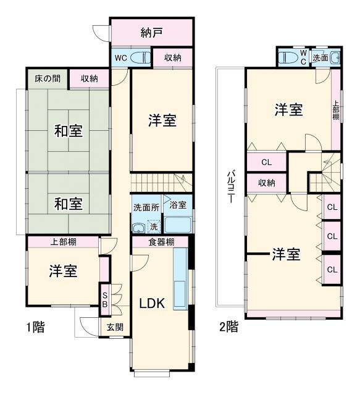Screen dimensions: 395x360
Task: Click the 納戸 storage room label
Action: click(151, 33)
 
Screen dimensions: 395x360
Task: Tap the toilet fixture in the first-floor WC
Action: click(140, 58)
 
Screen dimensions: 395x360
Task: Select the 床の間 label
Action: click(47, 78)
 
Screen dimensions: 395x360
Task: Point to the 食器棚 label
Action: click(161, 241)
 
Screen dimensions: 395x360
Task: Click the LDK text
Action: click(151, 303)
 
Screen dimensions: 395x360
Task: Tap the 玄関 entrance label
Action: click(114, 327)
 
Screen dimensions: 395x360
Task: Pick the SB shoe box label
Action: click(105, 299)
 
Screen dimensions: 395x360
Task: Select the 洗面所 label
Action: click(146, 207)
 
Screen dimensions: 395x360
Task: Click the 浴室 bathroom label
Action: click(178, 205)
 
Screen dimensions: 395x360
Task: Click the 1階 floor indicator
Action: click(34, 326)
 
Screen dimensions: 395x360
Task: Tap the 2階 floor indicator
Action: click(228, 326)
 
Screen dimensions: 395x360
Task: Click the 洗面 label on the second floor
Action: click(321, 58)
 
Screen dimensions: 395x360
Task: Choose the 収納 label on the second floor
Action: click(267, 183)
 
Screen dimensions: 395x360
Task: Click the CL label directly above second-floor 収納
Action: click(266, 163)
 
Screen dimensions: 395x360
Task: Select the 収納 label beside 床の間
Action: click(89, 78)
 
